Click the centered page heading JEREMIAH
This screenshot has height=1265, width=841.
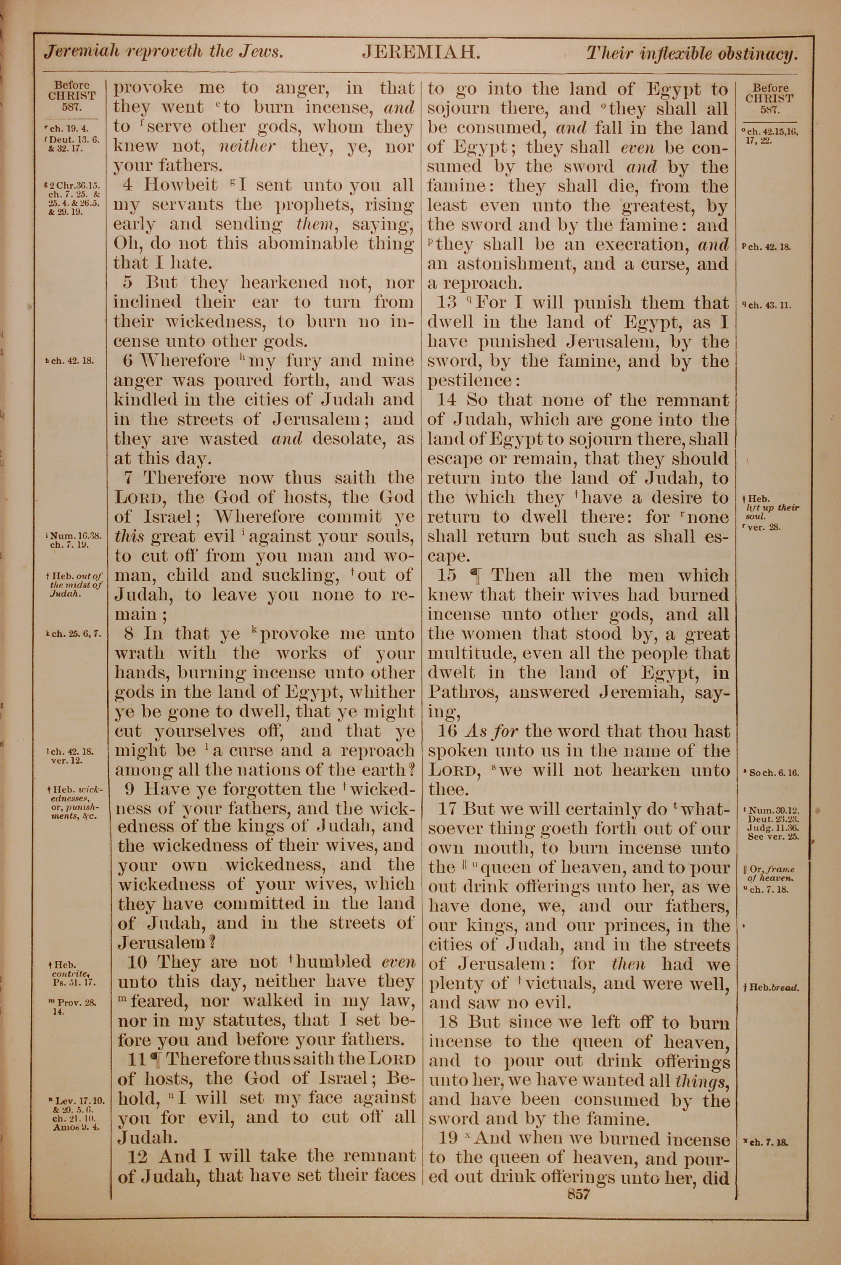420,53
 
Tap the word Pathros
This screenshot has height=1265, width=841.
462,692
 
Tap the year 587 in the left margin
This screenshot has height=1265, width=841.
72,106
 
